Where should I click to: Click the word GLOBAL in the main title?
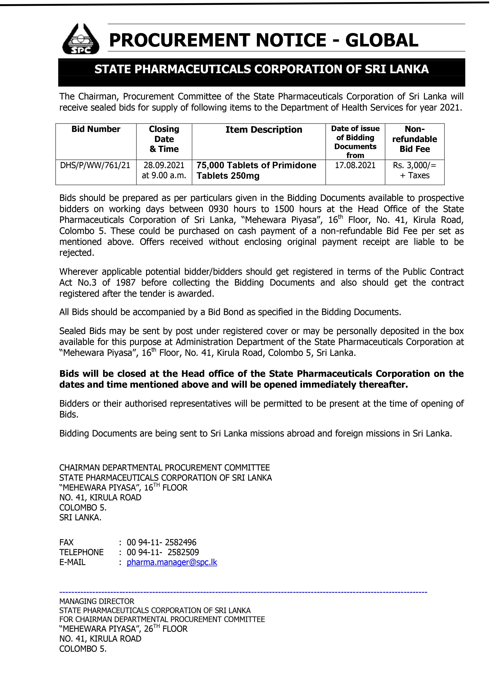(x=382, y=40)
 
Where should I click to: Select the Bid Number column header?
(x=96, y=129)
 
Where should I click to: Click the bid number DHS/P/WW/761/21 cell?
(x=95, y=165)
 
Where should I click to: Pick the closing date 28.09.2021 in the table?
(x=164, y=165)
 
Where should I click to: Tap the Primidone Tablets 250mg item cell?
(x=256, y=170)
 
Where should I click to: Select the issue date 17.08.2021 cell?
(x=355, y=165)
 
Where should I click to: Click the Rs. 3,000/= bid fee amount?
(x=414, y=165)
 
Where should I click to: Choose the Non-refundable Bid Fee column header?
(x=414, y=139)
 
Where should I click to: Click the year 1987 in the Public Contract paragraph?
(x=125, y=283)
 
